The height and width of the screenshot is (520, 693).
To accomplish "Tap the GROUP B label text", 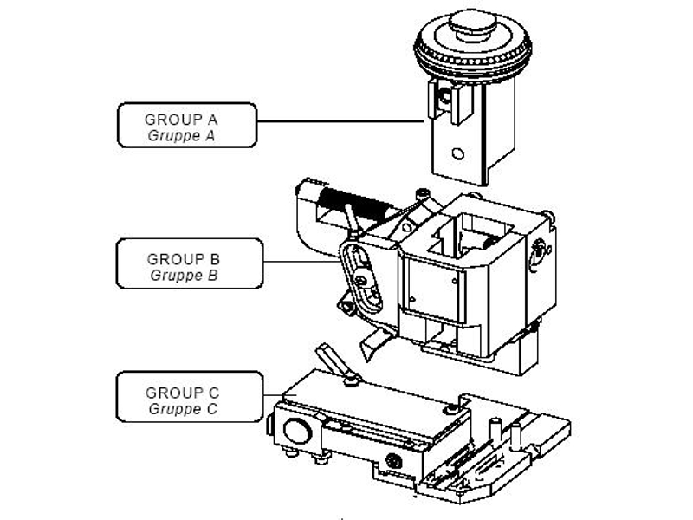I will pyautogui.click(x=183, y=258).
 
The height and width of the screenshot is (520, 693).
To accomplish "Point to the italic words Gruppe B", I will pyautogui.click(x=183, y=275).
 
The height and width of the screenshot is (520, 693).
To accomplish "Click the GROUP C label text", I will pyautogui.click(x=183, y=392).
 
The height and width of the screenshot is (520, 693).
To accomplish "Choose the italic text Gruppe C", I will pyautogui.click(x=183, y=408).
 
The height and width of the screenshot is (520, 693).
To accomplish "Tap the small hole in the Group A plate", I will pyautogui.click(x=458, y=153).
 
